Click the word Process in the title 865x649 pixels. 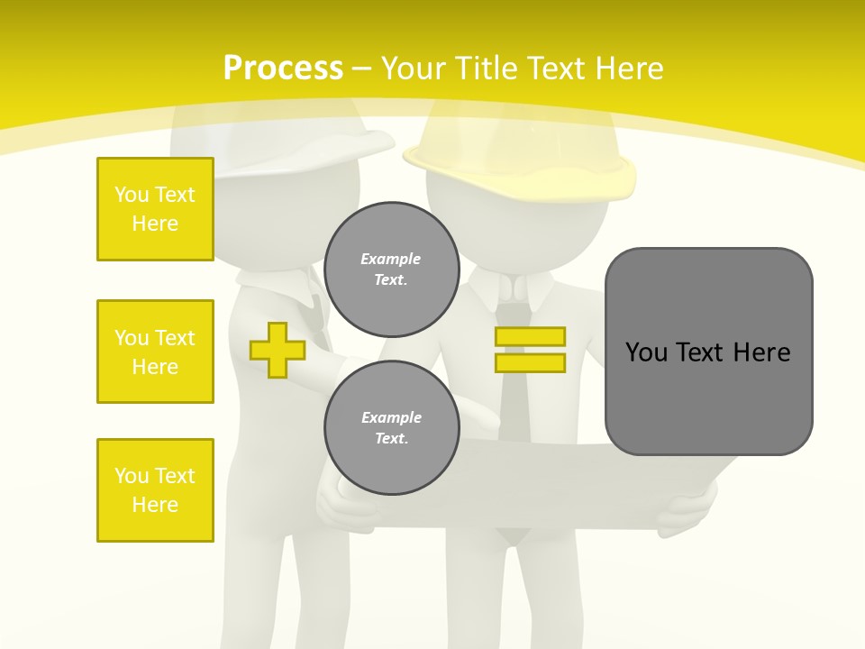(x=283, y=69)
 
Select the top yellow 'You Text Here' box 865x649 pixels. (x=155, y=209)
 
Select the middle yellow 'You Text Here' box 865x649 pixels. (x=155, y=352)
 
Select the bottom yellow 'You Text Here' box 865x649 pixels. (x=155, y=490)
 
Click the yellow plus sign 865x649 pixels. (x=278, y=350)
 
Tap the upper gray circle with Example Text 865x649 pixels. (x=392, y=270)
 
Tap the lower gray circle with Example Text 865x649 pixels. (x=392, y=428)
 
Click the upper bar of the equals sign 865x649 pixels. (x=530, y=336)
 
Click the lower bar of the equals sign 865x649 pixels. (x=530, y=363)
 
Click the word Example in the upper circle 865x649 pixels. (x=391, y=259)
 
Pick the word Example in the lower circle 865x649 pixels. (x=391, y=417)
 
